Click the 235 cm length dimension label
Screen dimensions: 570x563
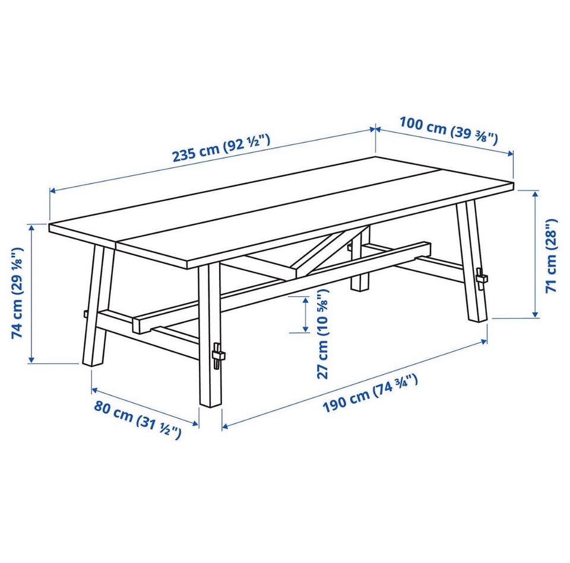(x=221, y=148)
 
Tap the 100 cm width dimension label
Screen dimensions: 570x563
(x=448, y=130)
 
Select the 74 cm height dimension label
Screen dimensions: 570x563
(x=17, y=293)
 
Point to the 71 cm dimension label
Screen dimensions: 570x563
(x=551, y=255)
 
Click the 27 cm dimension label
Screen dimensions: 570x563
(x=322, y=334)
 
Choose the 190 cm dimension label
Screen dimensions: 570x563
(x=370, y=394)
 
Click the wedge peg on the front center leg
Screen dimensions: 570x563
(x=217, y=355)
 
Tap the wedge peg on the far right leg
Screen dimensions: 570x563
(x=482, y=278)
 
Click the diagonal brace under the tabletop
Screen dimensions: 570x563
(x=331, y=251)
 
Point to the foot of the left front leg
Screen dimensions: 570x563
(x=93, y=362)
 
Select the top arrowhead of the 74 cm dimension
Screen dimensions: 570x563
(x=31, y=227)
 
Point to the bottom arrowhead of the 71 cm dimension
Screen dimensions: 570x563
(x=535, y=314)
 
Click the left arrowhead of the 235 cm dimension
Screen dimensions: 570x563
(x=53, y=190)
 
